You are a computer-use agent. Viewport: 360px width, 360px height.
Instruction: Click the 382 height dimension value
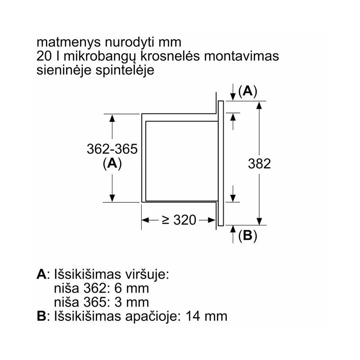coord(259,164)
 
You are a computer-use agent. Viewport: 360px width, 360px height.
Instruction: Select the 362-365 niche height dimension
coord(112,149)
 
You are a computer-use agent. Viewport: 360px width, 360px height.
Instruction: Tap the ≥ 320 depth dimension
coord(179,220)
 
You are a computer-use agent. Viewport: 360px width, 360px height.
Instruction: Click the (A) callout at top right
coord(248,91)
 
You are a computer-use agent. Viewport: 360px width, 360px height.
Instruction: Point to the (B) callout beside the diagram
coord(248,235)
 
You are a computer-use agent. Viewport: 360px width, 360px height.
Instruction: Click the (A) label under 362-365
coord(112,163)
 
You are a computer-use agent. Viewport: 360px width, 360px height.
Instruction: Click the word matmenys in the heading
coord(69,43)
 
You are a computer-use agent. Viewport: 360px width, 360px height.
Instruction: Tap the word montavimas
coord(241,56)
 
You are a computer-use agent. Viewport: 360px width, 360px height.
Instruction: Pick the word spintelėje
coord(125,71)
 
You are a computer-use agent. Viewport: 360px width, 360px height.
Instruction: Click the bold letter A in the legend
coord(41,274)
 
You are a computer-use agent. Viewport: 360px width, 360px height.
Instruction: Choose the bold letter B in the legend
coord(41,316)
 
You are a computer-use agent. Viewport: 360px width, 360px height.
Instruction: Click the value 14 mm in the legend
coord(207,316)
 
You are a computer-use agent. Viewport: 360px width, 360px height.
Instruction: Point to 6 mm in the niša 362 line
coord(131,288)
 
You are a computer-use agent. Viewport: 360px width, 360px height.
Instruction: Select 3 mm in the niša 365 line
coord(131,302)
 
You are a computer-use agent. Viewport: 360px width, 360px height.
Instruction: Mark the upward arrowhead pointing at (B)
coord(233,229)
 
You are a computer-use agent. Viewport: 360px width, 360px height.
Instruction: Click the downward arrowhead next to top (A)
coord(233,97)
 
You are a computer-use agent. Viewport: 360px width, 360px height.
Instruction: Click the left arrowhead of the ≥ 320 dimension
coord(145,220)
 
